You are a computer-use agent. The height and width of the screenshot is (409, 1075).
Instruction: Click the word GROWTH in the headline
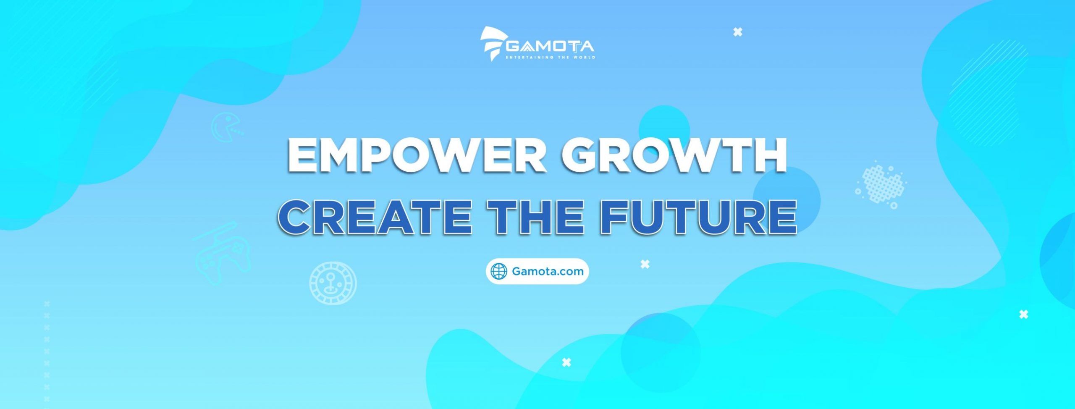674,155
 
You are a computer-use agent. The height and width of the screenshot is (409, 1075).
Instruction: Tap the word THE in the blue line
538,217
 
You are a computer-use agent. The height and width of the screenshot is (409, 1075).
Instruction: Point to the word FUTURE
698,217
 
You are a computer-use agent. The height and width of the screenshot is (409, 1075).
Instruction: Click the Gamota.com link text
548,271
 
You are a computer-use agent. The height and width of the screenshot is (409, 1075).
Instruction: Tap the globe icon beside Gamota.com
499,271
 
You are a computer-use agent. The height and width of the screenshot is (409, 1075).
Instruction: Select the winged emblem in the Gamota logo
493,44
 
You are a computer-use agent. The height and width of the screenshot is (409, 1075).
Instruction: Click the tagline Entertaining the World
550,57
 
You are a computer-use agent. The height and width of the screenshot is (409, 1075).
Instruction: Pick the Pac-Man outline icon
227,126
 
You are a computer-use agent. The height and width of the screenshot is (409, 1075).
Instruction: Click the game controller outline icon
223,254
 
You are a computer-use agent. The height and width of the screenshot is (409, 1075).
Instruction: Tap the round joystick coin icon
333,283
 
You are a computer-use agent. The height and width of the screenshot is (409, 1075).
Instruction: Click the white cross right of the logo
738,32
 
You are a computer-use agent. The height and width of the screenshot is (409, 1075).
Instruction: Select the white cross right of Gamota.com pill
645,264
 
